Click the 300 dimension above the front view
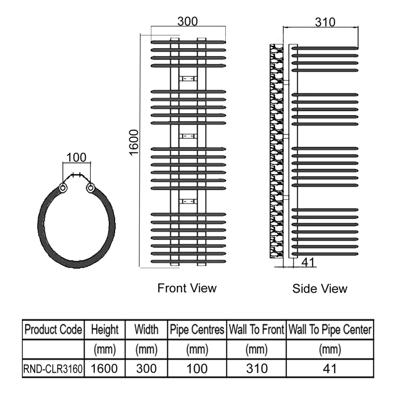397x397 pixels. [x=188, y=21]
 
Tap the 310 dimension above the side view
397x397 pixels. [x=325, y=22]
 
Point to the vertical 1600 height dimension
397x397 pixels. [x=134, y=142]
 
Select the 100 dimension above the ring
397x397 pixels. [x=76, y=157]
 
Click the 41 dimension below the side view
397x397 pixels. [x=308, y=263]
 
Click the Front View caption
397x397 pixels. [x=187, y=288]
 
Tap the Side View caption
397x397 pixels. [x=320, y=289]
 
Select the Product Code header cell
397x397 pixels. [x=53, y=330]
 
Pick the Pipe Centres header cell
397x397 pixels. [x=197, y=330]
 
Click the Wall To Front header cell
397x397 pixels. [x=257, y=330]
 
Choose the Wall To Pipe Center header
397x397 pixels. [x=330, y=330]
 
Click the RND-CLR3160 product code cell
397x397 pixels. [x=53, y=369]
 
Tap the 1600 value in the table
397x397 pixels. [x=104, y=369]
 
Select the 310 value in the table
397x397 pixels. [x=257, y=369]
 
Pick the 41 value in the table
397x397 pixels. [x=330, y=369]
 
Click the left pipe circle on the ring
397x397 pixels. [x=63, y=188]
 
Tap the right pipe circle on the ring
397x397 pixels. [x=90, y=188]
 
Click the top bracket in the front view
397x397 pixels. [x=188, y=78]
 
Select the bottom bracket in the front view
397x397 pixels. [x=188, y=201]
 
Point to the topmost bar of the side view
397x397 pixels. [x=325, y=48]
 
